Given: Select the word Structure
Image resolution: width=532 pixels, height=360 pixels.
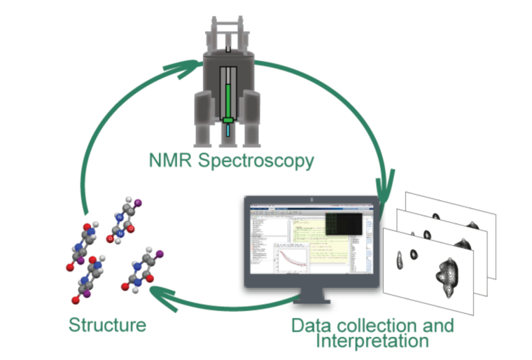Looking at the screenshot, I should coord(107,325).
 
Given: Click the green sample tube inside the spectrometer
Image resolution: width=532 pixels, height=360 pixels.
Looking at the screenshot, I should coord(228,95).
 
